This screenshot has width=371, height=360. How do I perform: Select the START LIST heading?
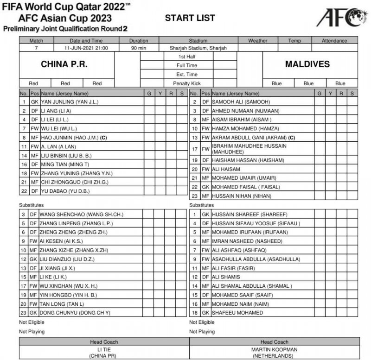tap(190, 18)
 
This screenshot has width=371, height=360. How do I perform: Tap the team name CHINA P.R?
tap(64, 64)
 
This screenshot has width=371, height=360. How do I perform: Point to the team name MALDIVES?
tap(307, 64)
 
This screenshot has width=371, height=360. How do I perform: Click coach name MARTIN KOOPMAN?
tap(275, 349)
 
